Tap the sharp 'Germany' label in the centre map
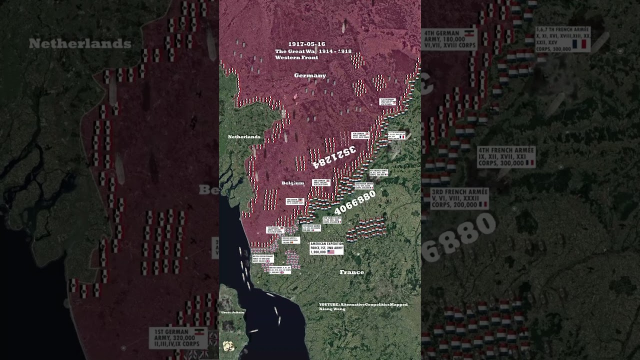[x=310, y=75]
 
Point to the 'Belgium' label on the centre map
[x=292, y=183]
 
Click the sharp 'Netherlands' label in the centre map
[x=244, y=136]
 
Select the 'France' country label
[x=351, y=272]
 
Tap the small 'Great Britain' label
[x=232, y=312]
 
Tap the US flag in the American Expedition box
[x=331, y=252]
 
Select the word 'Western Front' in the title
[x=296, y=57]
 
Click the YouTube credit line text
[x=363, y=304]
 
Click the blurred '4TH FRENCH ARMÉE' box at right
[x=505, y=157]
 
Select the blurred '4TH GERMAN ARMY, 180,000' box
[x=449, y=39]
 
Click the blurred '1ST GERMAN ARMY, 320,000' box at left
[x=178, y=338]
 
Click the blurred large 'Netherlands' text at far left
[x=80, y=44]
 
